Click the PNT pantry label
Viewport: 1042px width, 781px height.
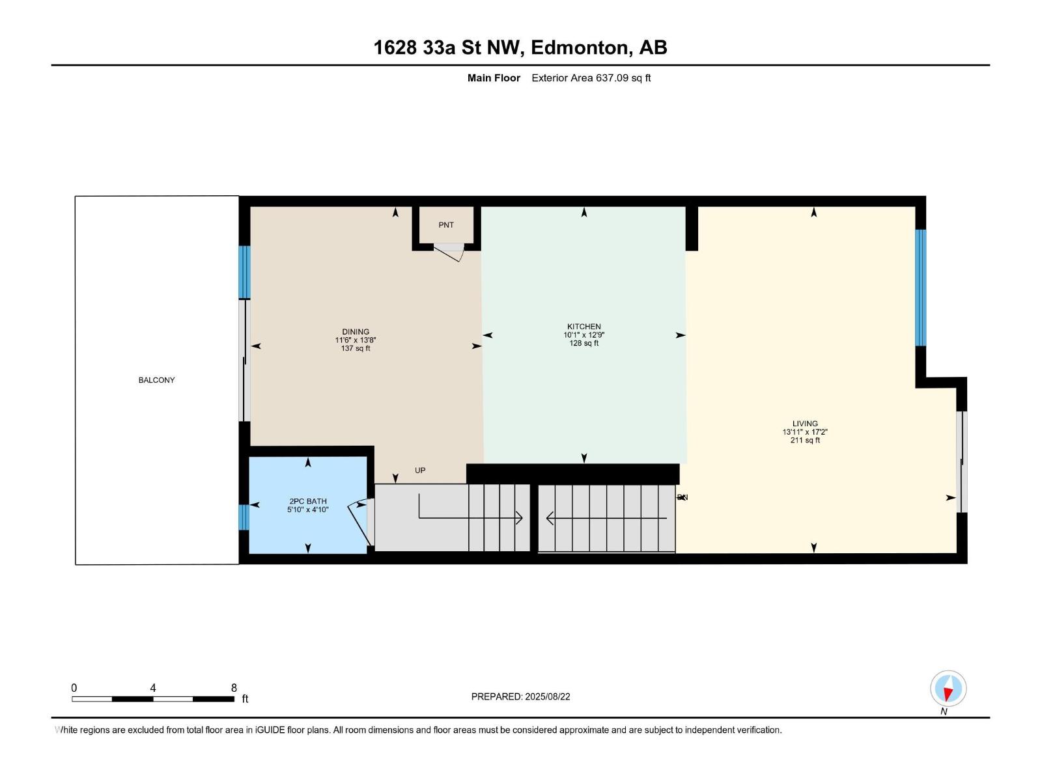click(x=446, y=225)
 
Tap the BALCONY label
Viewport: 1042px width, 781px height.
click(x=156, y=380)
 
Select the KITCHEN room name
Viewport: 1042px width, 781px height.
click(x=584, y=327)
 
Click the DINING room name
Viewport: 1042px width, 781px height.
click(x=356, y=332)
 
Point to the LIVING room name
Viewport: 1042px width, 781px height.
click(x=805, y=424)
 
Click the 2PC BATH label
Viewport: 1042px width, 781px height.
click(x=308, y=501)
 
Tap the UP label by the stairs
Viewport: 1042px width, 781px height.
click(x=420, y=471)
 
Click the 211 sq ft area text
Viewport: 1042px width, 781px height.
click(x=805, y=441)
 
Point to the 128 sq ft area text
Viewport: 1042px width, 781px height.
click(x=584, y=343)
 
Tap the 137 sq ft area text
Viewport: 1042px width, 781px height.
click(x=356, y=348)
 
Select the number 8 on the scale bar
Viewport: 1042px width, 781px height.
click(x=234, y=688)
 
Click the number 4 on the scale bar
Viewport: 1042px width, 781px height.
click(x=153, y=688)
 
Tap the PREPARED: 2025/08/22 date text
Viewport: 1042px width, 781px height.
click(x=520, y=696)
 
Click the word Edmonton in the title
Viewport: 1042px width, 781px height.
click(x=580, y=48)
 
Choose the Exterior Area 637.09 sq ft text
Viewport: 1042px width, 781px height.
click(x=591, y=78)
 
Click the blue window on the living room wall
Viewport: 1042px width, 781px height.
click(x=920, y=288)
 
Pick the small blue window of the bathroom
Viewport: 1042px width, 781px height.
click(x=244, y=517)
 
